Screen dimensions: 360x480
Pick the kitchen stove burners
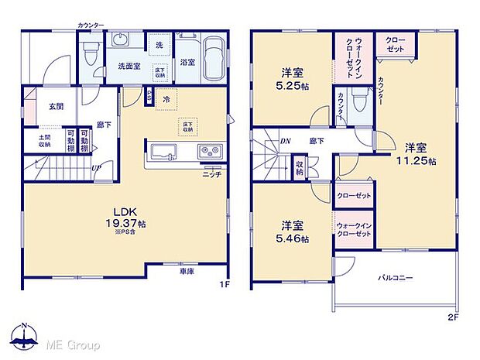tap(210, 150)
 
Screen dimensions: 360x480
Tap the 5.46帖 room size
tap(292, 240)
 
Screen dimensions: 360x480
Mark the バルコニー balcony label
tap(395, 277)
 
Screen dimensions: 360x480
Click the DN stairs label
tap(285, 141)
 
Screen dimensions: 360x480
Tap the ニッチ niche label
tap(213, 174)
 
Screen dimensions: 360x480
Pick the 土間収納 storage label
tap(39, 140)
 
